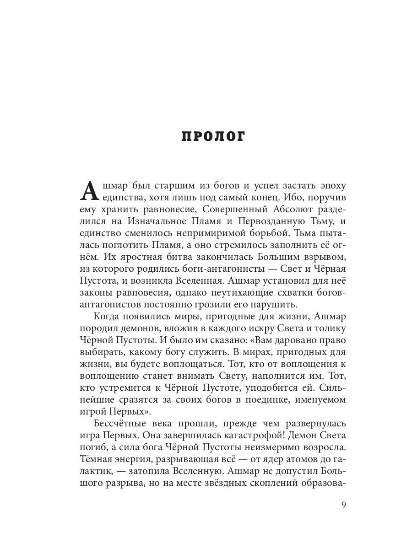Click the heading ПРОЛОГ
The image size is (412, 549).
(x=213, y=136)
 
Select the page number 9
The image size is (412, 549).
(x=344, y=505)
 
